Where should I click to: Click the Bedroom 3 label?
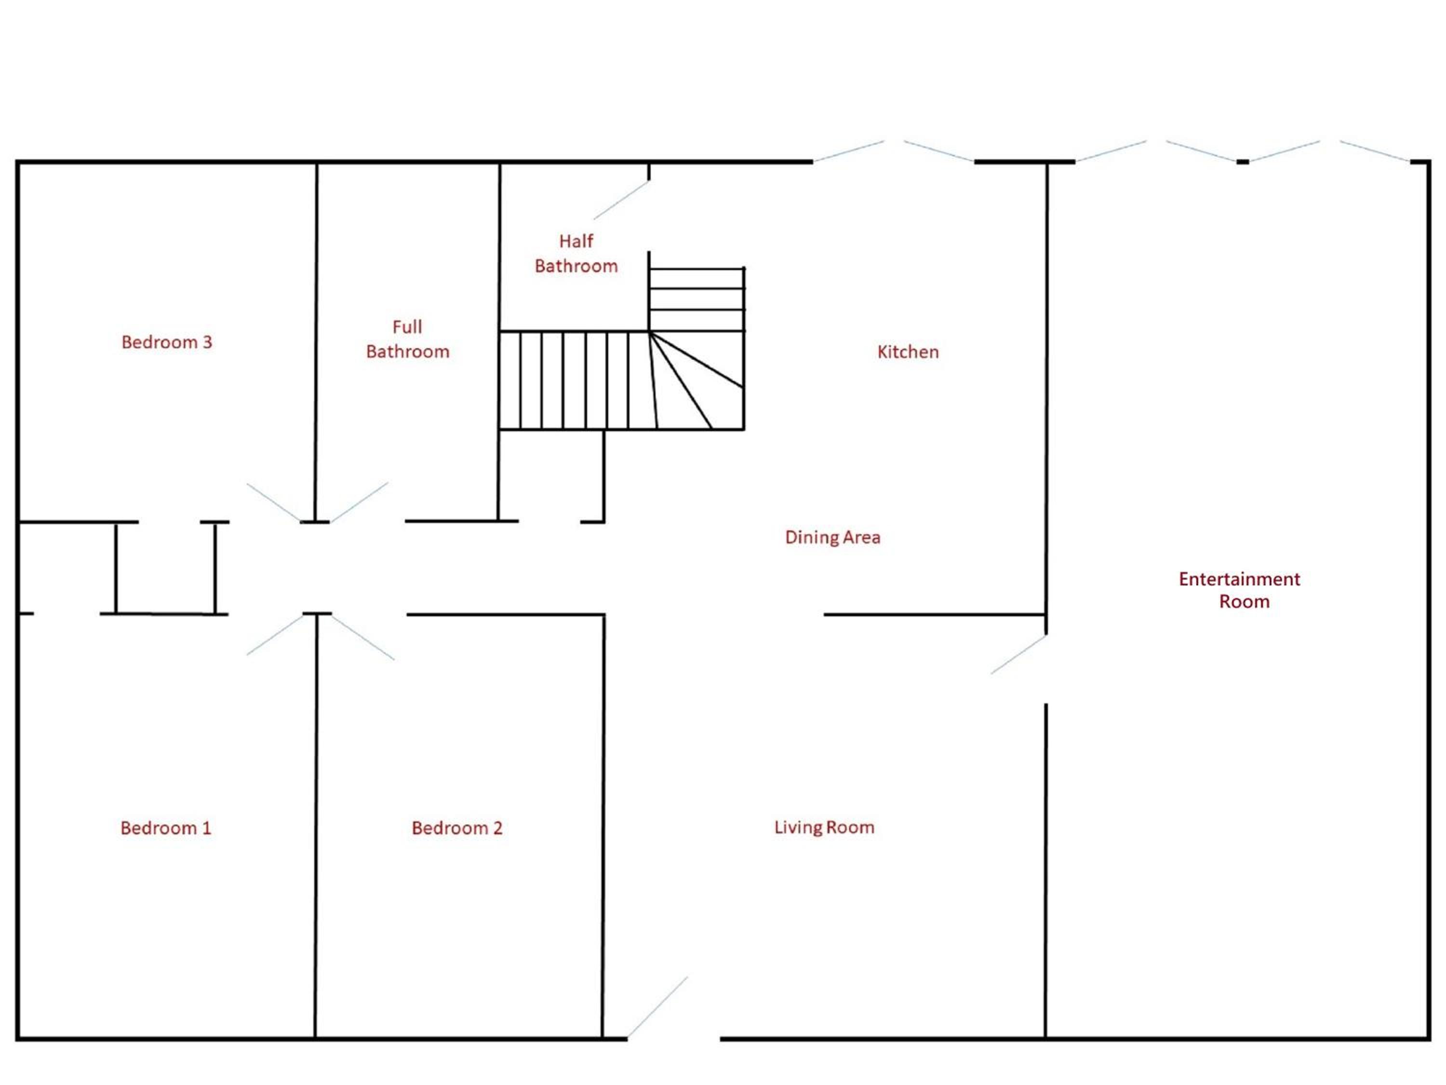[167, 342]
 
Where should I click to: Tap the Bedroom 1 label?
[166, 828]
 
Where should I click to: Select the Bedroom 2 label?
[457, 828]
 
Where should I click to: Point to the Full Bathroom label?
[407, 339]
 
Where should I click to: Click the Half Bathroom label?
[576, 253]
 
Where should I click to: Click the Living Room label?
[824, 827]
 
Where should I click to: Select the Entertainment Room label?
[1239, 590]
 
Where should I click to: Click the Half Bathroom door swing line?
[621, 200]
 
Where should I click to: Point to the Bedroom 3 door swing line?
[274, 502]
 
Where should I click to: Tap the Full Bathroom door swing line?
[360, 502]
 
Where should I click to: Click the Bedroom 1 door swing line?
[275, 635]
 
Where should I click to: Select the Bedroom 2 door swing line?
[363, 637]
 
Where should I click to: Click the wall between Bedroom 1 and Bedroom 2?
[316, 826]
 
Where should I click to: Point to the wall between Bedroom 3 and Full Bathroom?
[316, 342]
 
